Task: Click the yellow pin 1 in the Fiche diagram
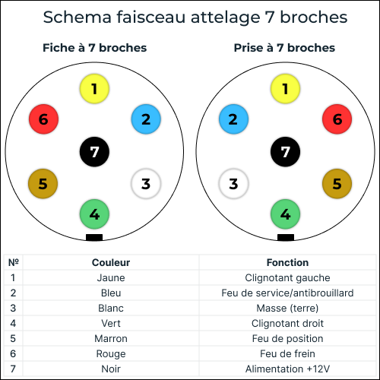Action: tap(94, 89)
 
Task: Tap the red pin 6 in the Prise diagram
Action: tap(337, 119)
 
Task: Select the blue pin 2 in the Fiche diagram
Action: tap(146, 119)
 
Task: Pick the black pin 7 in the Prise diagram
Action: tap(285, 152)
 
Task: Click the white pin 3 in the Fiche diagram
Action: tap(146, 184)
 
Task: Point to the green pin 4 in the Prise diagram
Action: tap(285, 214)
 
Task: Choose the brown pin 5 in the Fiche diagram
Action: tap(43, 184)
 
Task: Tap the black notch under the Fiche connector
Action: tap(94, 237)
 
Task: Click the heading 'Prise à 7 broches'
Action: tap(284, 48)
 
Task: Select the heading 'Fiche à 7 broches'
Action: tap(95, 48)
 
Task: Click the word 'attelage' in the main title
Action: tap(225, 17)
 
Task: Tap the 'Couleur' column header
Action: tap(111, 262)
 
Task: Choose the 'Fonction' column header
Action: tap(287, 262)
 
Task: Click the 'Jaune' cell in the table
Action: tap(111, 278)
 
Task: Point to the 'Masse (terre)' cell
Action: tap(287, 309)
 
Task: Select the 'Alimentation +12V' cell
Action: tap(287, 369)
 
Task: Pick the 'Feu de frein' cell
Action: tap(287, 353)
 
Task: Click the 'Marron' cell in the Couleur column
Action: tap(111, 338)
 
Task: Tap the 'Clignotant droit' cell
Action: tap(287, 323)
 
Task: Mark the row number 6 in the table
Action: tap(13, 353)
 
